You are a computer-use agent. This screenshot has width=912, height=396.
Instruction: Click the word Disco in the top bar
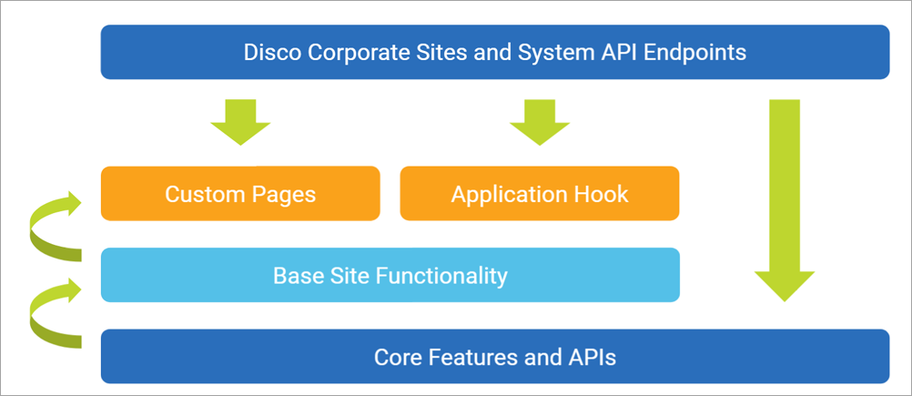pos(270,52)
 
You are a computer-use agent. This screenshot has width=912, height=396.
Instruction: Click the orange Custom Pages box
pos(240,193)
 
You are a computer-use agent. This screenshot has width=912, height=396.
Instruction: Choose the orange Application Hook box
pos(539,193)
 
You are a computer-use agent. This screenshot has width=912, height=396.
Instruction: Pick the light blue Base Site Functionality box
pos(390,275)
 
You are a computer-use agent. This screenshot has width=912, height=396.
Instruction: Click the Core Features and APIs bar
pos(494,356)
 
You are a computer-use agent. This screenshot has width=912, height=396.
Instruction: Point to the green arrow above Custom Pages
pos(240,122)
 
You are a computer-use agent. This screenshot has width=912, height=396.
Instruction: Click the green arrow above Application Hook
pos(539,122)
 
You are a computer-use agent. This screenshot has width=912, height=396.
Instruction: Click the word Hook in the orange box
pos(602,194)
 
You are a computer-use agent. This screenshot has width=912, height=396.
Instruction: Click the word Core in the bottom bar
pos(396,357)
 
